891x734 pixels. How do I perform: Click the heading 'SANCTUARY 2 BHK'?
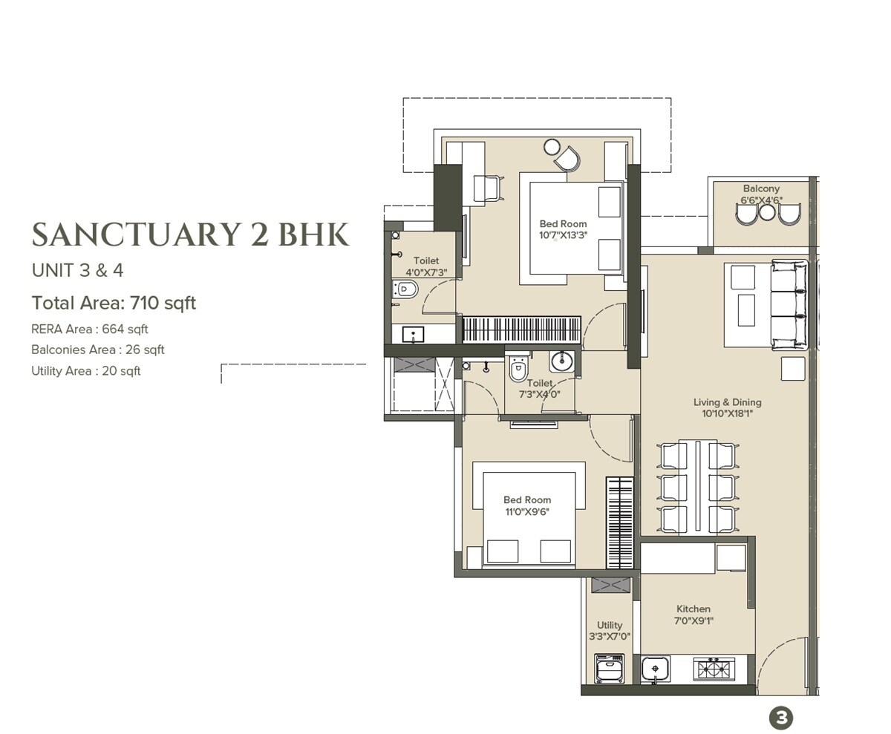point(190,235)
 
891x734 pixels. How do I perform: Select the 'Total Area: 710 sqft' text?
point(114,303)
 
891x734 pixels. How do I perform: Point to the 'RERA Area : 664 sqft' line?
point(90,329)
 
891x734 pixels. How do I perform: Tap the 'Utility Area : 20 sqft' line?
point(85,371)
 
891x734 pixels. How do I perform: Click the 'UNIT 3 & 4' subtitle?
point(77,270)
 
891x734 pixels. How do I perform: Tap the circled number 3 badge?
point(780,718)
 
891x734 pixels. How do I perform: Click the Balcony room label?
point(761,189)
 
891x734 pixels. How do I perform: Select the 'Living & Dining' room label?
point(727,402)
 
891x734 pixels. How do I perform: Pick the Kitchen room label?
point(693,609)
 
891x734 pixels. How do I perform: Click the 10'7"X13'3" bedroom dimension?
point(563,235)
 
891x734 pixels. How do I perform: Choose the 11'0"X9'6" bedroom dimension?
point(526,511)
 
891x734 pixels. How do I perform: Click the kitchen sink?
point(655,669)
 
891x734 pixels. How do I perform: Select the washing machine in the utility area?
point(609,669)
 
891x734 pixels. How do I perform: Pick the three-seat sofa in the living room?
point(789,304)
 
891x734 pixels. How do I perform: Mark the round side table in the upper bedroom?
point(552,147)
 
